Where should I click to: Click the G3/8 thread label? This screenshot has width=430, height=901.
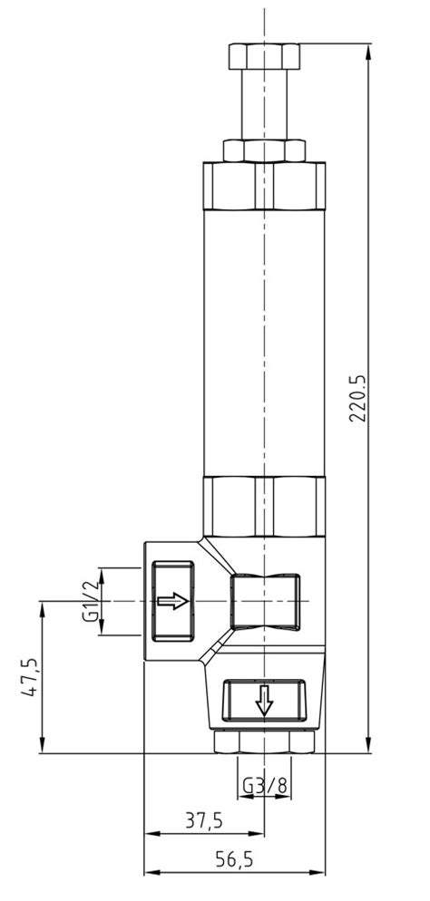pyautogui.click(x=264, y=785)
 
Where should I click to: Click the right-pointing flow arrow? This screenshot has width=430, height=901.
pyautogui.click(x=172, y=601)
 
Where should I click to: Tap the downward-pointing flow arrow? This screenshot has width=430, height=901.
pyautogui.click(x=264, y=700)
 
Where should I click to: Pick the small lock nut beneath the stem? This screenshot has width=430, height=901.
pyautogui.click(x=264, y=149)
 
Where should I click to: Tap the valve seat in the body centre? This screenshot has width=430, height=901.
pyautogui.click(x=264, y=601)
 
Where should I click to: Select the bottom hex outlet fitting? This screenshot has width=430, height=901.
pyautogui.click(x=264, y=741)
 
